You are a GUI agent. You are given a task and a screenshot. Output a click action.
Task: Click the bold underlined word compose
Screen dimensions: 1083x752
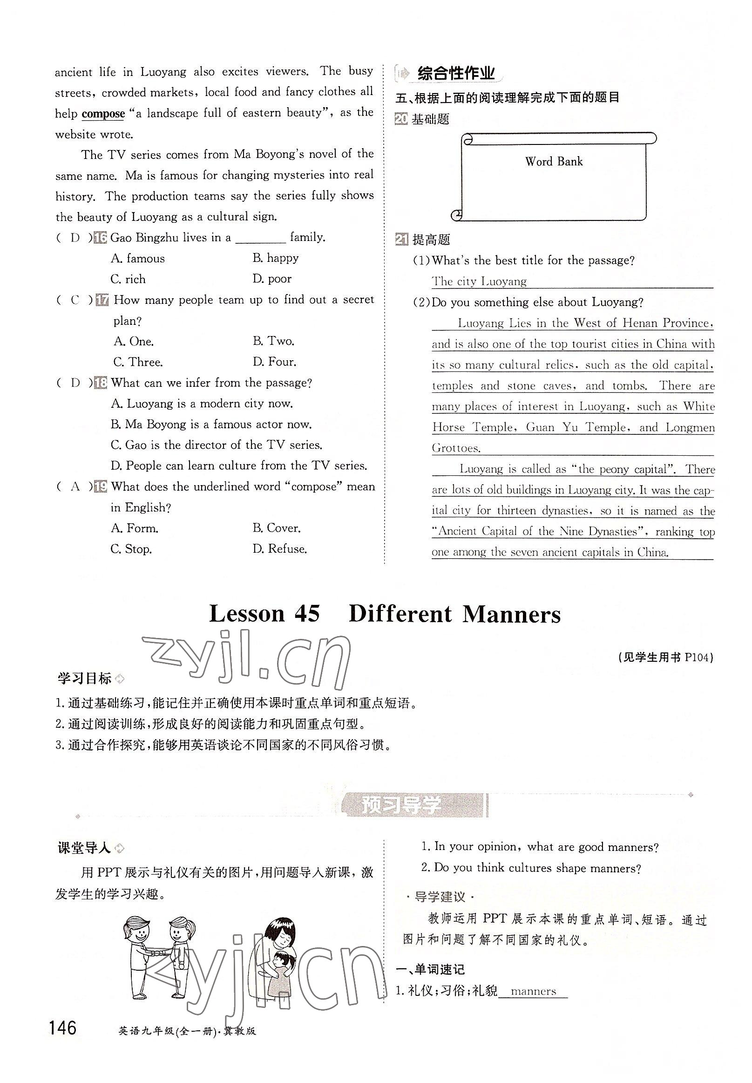(103, 114)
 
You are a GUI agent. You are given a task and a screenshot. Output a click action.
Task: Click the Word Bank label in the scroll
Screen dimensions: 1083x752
(554, 162)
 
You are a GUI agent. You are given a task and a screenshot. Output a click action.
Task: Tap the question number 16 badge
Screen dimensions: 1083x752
(101, 238)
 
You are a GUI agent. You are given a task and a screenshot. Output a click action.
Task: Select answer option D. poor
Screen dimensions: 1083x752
(272, 279)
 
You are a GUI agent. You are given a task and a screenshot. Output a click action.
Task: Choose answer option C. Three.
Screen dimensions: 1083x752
(137, 362)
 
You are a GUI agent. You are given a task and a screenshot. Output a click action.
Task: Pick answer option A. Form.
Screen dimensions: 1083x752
(134, 528)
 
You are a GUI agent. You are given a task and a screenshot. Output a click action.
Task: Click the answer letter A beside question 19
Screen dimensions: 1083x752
(75, 487)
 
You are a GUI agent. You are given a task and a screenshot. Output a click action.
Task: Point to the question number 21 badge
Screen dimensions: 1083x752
(401, 240)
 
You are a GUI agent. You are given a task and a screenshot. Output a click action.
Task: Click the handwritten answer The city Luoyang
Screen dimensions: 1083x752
(479, 282)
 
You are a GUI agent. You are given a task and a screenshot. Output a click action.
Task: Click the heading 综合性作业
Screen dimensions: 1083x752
(456, 74)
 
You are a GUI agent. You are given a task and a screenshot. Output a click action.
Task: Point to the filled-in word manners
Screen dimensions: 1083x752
(533, 992)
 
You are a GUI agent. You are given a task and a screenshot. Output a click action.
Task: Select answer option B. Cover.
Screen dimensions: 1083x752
(276, 528)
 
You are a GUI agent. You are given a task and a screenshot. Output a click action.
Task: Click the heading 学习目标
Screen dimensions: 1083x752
(84, 679)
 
